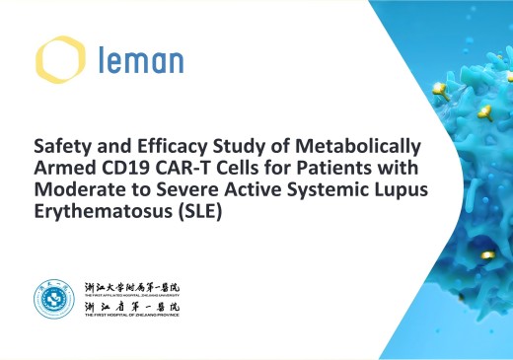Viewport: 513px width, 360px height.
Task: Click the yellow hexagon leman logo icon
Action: [55, 60]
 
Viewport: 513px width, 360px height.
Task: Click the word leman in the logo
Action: [140, 62]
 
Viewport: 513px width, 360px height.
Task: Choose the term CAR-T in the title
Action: [176, 165]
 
